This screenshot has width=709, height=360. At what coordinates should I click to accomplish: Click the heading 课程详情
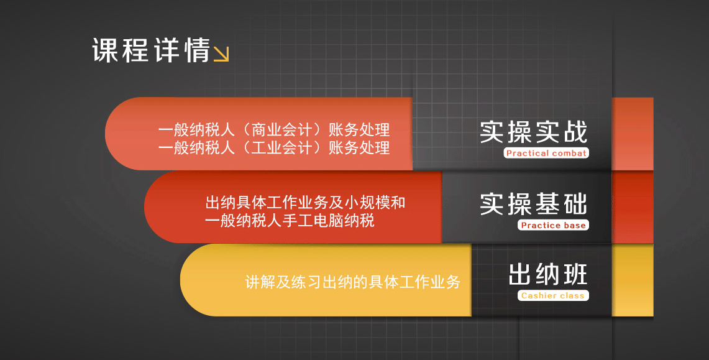pyautogui.click(x=152, y=50)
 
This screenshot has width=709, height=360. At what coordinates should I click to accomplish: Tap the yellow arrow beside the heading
pyautogui.click(x=221, y=54)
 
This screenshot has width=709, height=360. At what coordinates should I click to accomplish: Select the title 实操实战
pyautogui.click(x=534, y=132)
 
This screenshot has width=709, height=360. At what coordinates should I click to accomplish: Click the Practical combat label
pyautogui.click(x=546, y=154)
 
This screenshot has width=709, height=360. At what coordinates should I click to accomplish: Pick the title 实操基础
pyautogui.click(x=534, y=204)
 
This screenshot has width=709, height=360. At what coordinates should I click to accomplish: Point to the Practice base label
pyautogui.click(x=553, y=225)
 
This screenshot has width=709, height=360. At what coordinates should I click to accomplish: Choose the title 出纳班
pyautogui.click(x=547, y=275)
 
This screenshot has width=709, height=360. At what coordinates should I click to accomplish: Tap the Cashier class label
pyautogui.click(x=553, y=295)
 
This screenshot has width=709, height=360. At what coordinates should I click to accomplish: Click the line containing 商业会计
pyautogui.click(x=274, y=130)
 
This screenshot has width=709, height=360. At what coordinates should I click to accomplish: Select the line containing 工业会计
pyautogui.click(x=274, y=147)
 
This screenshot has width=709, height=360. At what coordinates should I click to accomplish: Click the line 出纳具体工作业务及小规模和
pyautogui.click(x=305, y=202)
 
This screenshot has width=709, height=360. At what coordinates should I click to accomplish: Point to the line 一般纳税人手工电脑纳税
pyautogui.click(x=290, y=221)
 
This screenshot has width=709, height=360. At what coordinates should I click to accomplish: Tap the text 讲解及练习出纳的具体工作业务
pyautogui.click(x=353, y=282)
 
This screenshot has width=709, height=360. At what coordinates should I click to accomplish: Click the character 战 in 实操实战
pyautogui.click(x=575, y=132)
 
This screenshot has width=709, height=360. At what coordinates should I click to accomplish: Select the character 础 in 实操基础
pyautogui.click(x=575, y=204)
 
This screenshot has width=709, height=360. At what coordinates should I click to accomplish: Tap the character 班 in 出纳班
pyautogui.click(x=575, y=275)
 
